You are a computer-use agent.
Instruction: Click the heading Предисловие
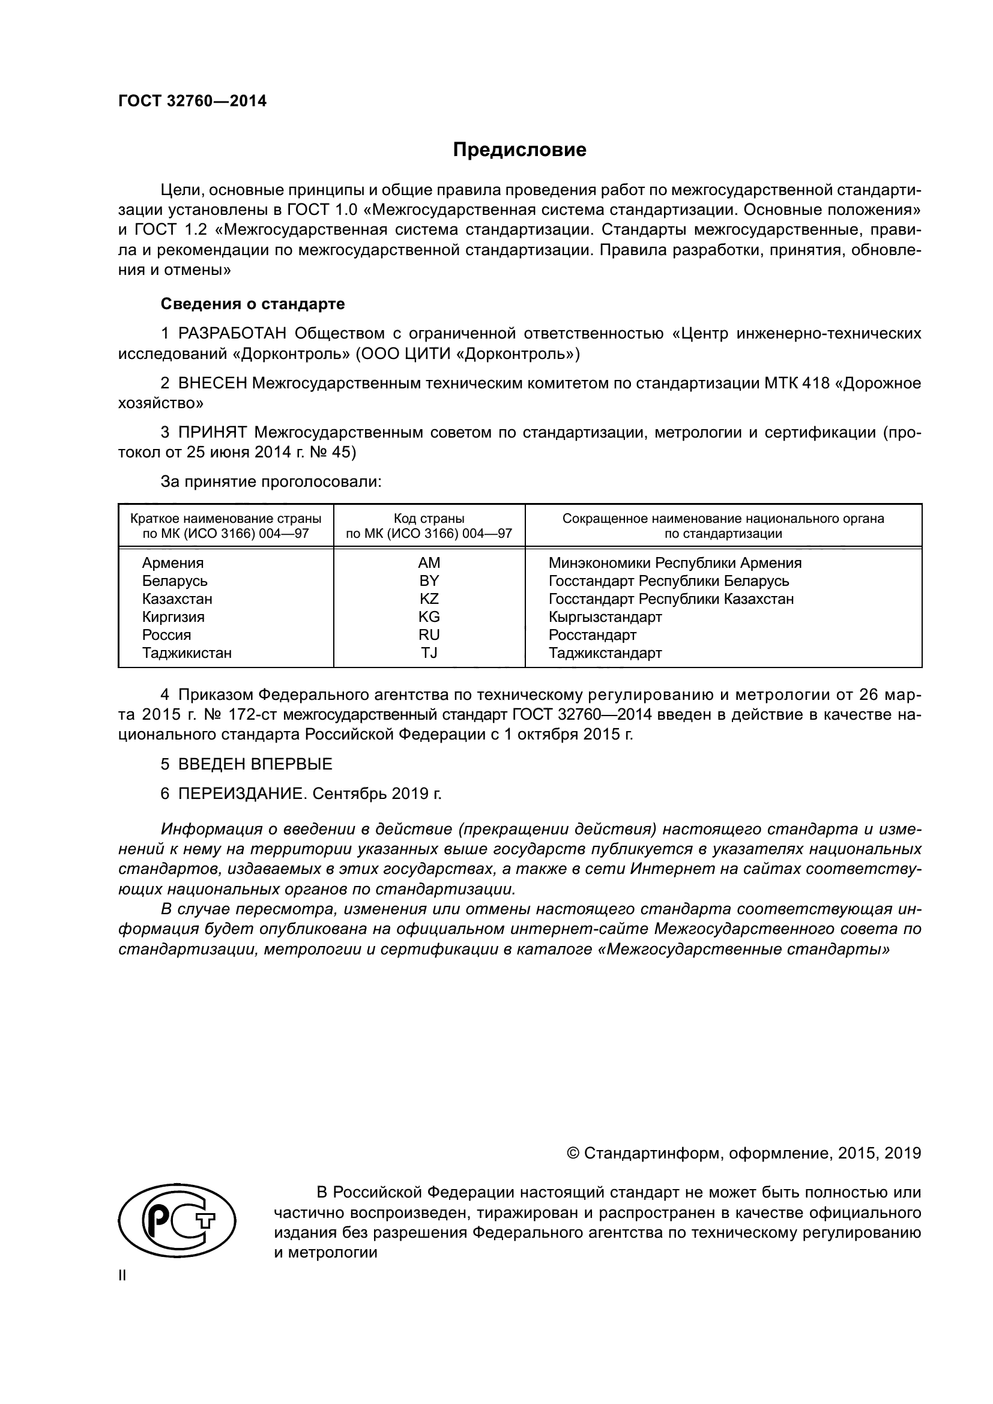click(x=519, y=150)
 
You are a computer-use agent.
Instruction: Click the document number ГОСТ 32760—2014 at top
click(x=193, y=101)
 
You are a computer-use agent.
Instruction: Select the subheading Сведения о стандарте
click(x=253, y=304)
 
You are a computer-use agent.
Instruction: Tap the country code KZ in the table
click(x=429, y=598)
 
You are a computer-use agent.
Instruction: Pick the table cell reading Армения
click(x=173, y=562)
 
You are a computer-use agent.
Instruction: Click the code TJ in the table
click(x=429, y=652)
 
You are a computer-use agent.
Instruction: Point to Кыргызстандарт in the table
click(x=605, y=616)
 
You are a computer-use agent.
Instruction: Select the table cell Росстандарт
click(x=592, y=634)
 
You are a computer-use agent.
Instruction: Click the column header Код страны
click(x=429, y=519)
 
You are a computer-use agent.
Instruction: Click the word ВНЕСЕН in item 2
click(x=212, y=384)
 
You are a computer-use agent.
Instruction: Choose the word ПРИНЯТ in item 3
click(x=212, y=432)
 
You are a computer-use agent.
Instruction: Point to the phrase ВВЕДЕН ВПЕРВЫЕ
click(x=255, y=764)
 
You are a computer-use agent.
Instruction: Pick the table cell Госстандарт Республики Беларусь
click(x=668, y=580)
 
